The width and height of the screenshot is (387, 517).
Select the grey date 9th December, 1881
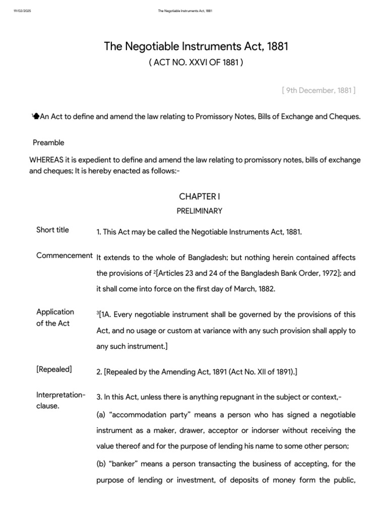[x=318, y=90]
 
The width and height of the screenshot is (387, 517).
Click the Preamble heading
[x=48, y=142]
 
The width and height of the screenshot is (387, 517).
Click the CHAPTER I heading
[x=196, y=196]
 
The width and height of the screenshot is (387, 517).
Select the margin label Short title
[x=52, y=230]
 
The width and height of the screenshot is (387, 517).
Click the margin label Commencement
[x=64, y=255]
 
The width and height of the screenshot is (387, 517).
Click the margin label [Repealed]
[x=54, y=369]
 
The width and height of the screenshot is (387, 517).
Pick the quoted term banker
[x=120, y=463]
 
